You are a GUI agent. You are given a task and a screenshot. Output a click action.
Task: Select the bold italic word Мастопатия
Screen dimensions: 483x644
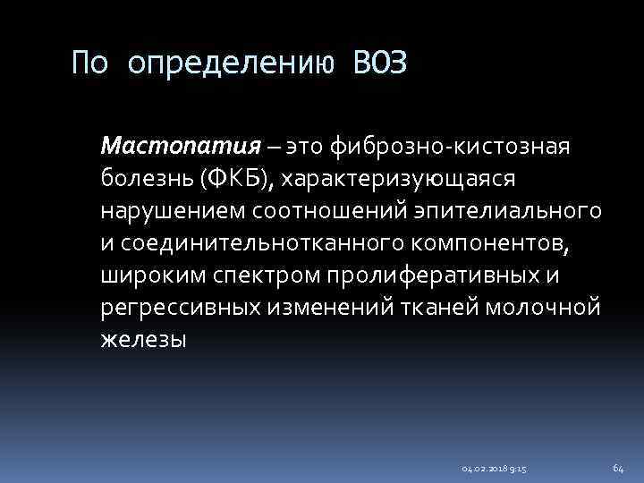(181, 145)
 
